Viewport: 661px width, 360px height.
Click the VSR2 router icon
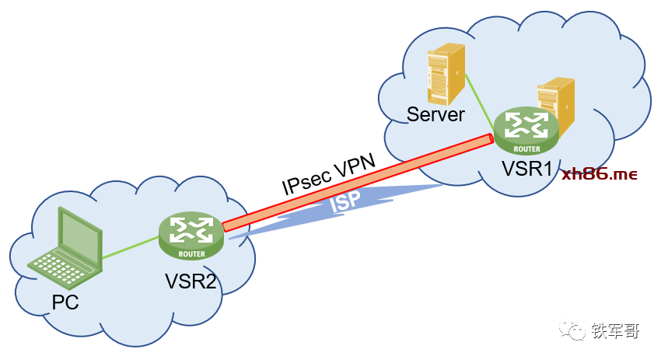(191, 236)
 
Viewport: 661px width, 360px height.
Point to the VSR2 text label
(191, 281)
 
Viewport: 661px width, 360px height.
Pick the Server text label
(436, 115)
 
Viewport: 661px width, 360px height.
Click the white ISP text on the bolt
(347, 203)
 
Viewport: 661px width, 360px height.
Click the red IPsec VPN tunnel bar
(358, 183)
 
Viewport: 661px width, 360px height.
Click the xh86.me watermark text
(600, 174)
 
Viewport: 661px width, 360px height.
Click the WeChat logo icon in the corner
(578, 333)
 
